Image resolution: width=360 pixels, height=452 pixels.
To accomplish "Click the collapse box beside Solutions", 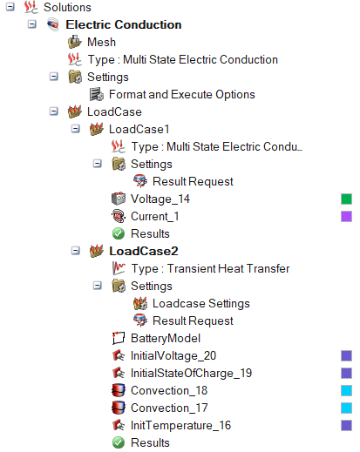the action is pos(10,7).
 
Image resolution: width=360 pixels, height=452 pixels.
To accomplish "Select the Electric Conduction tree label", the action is pos(124,24).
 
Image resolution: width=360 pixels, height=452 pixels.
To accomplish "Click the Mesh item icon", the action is pos(75,42).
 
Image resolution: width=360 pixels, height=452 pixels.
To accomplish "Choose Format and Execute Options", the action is pos(182,94).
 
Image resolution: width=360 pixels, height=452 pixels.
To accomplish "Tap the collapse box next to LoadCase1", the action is pos(76,129).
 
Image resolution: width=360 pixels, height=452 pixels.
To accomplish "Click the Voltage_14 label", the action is pos(160,199).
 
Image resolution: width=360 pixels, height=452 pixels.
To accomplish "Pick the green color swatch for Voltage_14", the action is pos(346,199).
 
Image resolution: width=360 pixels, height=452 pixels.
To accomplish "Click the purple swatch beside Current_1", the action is pos(346,217).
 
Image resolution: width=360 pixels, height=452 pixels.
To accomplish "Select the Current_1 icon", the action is pos(119,216).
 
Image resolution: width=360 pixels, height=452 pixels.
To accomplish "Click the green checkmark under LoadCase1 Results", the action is pos(119,233).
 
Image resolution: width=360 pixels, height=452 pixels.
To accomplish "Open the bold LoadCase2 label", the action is pos(144,251).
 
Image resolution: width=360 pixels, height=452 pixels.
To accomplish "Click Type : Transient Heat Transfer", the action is pos(210,268).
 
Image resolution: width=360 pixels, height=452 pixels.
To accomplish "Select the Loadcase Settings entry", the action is pos(201,303).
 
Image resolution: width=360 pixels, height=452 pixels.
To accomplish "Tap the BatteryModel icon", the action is pos(119,338).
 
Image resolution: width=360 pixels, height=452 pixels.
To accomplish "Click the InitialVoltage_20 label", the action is pos(173,355).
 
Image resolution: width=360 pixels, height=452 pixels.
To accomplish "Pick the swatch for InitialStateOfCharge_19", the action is pos(346,374).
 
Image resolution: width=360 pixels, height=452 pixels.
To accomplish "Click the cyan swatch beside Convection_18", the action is pos(346,391).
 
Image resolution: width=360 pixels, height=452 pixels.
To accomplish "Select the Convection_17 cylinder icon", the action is pos(119,408).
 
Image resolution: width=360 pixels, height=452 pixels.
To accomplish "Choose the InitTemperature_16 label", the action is pos(180,426).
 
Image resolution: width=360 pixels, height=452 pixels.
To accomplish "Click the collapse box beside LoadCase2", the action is pos(76,251).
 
